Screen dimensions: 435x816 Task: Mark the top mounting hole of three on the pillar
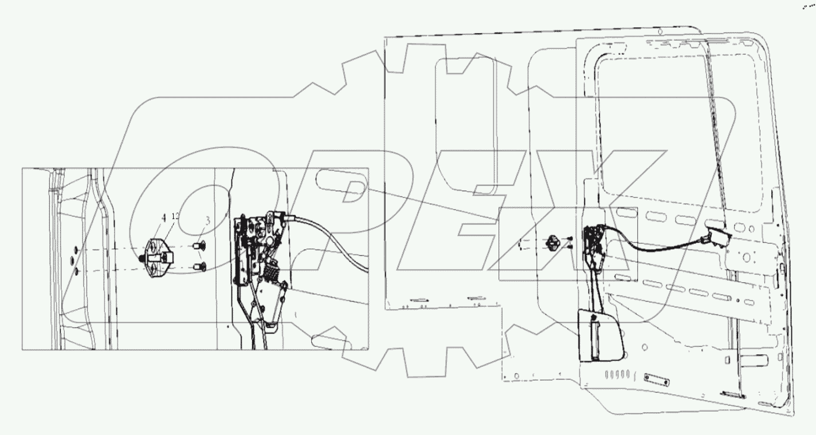pos(76,250)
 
